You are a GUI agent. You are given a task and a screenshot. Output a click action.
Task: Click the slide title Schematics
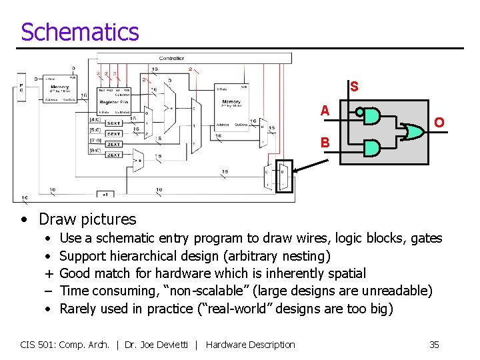tap(80, 32)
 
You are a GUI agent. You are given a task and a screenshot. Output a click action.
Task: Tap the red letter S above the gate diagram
tap(354, 87)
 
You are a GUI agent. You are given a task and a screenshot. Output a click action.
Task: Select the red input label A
tap(325, 111)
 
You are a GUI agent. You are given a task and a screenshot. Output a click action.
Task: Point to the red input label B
tap(325, 142)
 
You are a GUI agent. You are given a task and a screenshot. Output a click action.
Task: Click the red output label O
tap(439, 123)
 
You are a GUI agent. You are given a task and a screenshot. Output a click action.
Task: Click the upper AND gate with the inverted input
tap(371, 116)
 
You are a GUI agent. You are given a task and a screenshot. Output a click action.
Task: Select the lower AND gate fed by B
tap(371, 147)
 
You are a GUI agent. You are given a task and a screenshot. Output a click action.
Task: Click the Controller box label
tap(171, 59)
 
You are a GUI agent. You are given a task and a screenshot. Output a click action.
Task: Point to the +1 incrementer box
tap(105, 195)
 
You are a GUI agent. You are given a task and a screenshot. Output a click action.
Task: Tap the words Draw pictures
tap(87, 219)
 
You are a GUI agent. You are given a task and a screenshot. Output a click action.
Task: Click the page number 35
tap(434, 345)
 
